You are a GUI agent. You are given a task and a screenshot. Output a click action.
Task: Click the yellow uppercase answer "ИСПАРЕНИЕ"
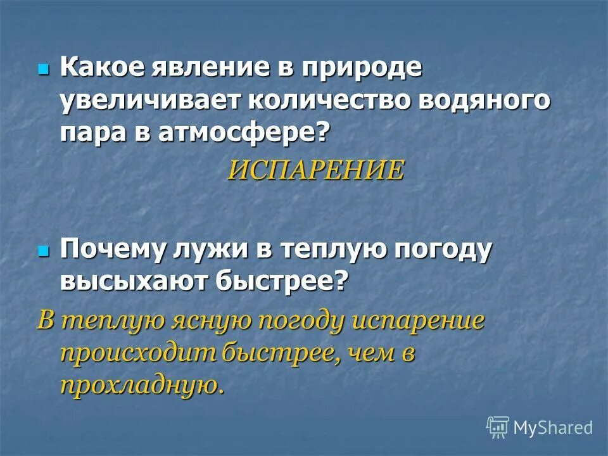coord(315,170)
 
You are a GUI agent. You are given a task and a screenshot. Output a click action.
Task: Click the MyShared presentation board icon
coord(497,427)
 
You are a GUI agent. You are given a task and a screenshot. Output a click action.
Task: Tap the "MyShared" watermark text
coord(554,428)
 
